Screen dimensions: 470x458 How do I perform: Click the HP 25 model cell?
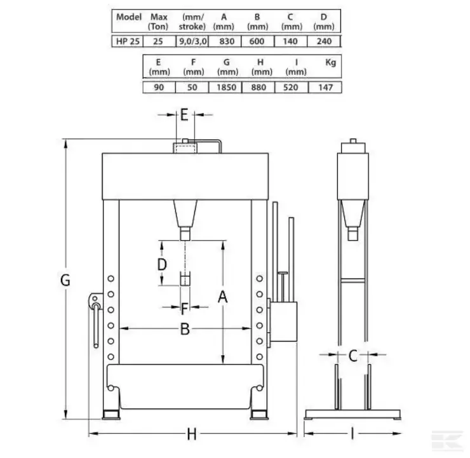(x=128, y=41)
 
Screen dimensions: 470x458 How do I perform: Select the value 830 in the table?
(x=227, y=41)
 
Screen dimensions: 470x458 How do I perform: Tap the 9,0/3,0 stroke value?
(x=192, y=41)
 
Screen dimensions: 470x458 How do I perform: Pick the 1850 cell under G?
(x=226, y=87)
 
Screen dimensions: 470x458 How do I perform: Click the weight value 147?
(x=326, y=87)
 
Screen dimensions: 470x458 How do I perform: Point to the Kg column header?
(x=331, y=62)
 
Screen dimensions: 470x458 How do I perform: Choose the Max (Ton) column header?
(x=159, y=22)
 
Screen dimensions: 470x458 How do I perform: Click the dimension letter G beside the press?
(x=65, y=280)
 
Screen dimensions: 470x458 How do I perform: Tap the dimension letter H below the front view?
(x=192, y=434)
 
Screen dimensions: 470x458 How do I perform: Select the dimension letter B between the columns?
(x=185, y=329)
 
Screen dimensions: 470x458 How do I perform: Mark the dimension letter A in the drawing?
(x=223, y=297)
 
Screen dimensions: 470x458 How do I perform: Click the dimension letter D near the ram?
(x=162, y=264)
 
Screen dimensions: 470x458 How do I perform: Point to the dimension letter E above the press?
(x=184, y=114)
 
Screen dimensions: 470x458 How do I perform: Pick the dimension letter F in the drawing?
(x=185, y=309)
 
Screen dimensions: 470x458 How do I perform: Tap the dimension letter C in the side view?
(x=352, y=356)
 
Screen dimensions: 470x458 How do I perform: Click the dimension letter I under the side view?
(x=352, y=434)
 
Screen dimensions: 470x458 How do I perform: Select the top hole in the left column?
(x=111, y=278)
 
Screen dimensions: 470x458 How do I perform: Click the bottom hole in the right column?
(x=259, y=357)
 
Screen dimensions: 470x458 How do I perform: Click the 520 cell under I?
(x=290, y=87)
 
